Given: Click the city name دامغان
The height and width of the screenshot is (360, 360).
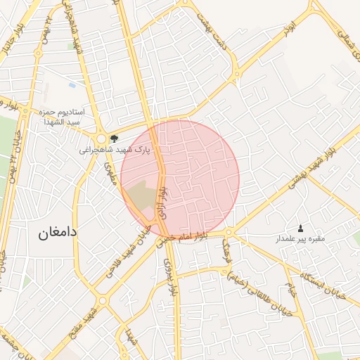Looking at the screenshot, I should pos(58,231).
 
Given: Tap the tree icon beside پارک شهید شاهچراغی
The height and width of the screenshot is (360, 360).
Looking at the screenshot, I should pos(114,139).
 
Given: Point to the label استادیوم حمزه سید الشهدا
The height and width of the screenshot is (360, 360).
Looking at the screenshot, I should pos(60,117).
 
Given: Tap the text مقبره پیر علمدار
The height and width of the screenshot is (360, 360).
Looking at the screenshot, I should pos(300,239).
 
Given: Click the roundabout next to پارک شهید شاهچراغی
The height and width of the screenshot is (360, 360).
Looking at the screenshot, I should pos(103,139).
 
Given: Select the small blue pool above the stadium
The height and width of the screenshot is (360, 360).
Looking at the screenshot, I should pos(72,86).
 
